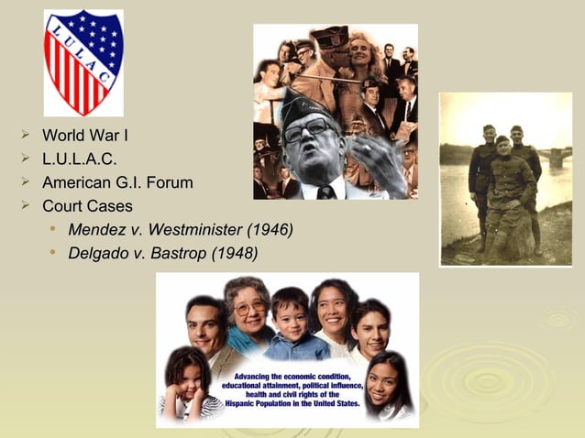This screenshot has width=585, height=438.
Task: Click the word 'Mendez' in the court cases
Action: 97,229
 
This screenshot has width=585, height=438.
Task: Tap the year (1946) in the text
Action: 269,229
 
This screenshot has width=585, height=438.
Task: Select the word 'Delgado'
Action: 99,252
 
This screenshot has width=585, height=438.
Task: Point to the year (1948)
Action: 235,252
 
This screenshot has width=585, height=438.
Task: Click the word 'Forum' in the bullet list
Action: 171,182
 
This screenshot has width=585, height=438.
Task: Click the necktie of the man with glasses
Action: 326,192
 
